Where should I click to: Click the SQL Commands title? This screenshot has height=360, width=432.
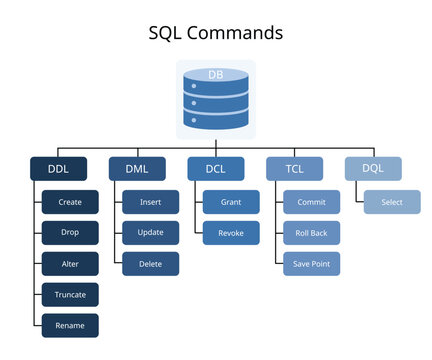tap(216, 32)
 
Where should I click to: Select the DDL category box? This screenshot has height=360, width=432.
tap(56, 169)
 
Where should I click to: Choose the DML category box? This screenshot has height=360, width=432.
tap(137, 169)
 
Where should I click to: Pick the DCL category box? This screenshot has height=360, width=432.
tap(216, 169)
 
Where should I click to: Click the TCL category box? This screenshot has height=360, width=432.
tap(294, 169)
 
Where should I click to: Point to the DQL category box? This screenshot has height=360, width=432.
tap(373, 169)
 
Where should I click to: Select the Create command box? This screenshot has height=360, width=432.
tap(70, 202)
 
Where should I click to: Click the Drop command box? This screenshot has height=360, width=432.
tap(70, 233)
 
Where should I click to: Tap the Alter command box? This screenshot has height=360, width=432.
tap(70, 264)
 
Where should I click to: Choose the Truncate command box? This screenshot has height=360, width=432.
tap(70, 295)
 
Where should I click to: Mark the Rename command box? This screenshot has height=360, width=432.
tap(70, 326)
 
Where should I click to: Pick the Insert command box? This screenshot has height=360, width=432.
tap(151, 202)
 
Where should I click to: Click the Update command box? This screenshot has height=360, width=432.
tap(151, 233)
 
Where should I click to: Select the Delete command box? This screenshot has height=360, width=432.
tap(151, 264)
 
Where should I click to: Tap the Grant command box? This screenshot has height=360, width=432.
tap(230, 202)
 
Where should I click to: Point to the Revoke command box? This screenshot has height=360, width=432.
tap(230, 233)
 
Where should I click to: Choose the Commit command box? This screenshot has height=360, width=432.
tap(311, 202)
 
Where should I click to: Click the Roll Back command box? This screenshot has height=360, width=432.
tap(311, 233)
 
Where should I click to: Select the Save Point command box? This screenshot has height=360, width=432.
tap(311, 264)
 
